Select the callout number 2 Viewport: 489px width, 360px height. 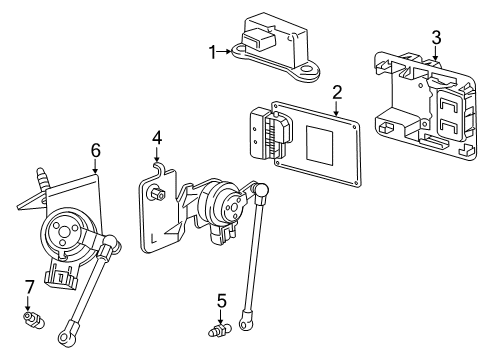coord(337,92)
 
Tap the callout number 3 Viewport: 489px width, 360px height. coord(435,37)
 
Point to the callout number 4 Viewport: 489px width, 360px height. coord(157,137)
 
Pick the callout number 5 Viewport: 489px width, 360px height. coord(222,298)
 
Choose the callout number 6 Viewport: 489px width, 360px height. coord(95,150)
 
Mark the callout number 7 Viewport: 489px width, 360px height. coord(30,289)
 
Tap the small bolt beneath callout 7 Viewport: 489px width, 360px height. coord(33,318)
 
